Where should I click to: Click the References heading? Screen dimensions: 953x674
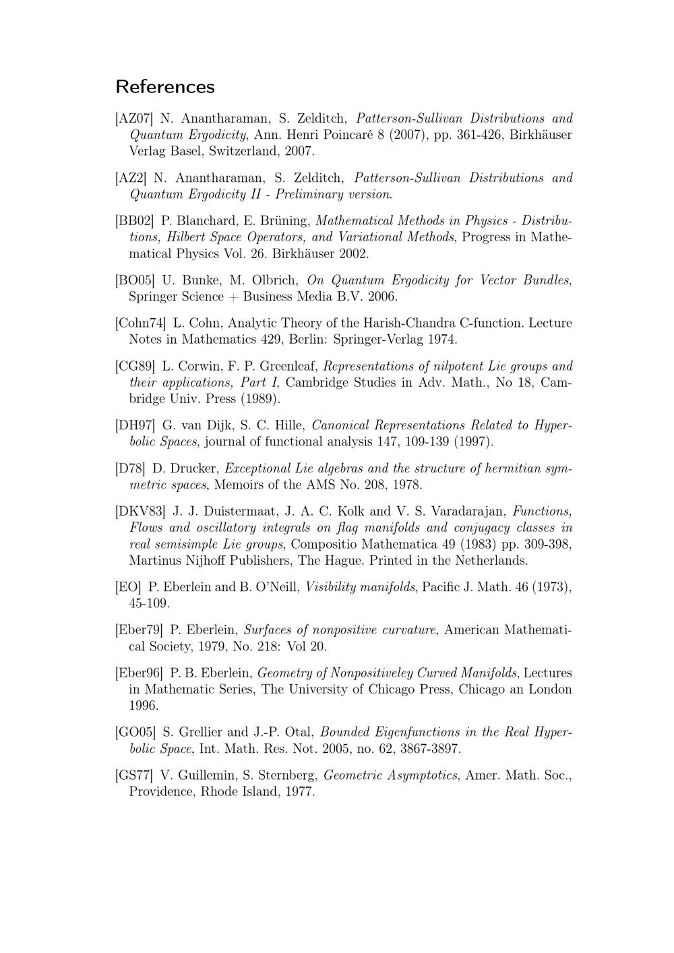point(165,87)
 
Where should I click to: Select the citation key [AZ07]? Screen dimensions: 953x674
point(134,119)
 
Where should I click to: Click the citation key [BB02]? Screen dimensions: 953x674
point(135,221)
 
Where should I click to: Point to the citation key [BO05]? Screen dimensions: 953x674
point(135,280)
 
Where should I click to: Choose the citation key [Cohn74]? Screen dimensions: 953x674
point(141,324)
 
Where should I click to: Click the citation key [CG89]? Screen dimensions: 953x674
point(135,367)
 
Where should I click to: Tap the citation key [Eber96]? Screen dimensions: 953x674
point(139,673)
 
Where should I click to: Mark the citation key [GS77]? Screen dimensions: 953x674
point(134,776)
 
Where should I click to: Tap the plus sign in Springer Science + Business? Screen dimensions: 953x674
point(232,297)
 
